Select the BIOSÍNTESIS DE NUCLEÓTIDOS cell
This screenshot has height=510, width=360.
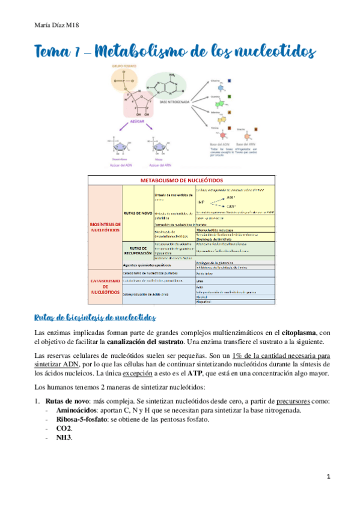105,226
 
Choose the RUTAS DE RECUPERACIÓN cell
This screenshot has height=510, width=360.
138,250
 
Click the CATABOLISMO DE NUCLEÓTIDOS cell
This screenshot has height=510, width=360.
105,284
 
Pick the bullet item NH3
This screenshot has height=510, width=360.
64,437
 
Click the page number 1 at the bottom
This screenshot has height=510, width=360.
328,477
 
